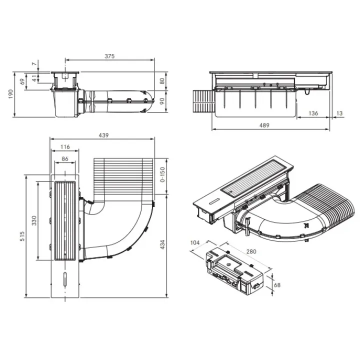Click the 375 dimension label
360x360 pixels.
[109, 56]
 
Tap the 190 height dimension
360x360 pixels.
[11, 94]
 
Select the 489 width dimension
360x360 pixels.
[264, 125]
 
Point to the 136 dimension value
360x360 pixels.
[313, 113]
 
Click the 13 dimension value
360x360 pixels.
[339, 113]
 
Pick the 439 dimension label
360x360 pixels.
[103, 135]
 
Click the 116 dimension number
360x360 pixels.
[65, 147]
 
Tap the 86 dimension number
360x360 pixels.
[65, 159]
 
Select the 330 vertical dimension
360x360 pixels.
[34, 220]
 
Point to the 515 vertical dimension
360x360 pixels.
[22, 236]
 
